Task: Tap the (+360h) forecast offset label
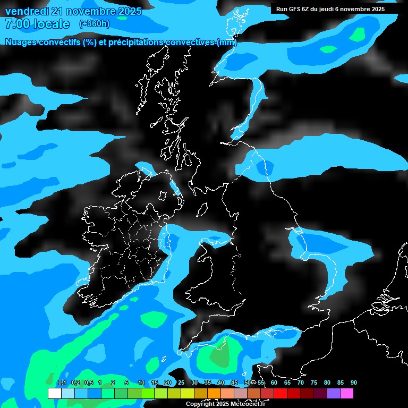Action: [x=94, y=24]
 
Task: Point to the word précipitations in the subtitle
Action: [x=133, y=42]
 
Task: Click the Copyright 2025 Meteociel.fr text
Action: [x=225, y=404]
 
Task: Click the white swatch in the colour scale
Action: [x=54, y=393]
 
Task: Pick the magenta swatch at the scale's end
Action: [x=346, y=393]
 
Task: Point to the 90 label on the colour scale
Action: [x=353, y=383]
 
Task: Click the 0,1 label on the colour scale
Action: [x=62, y=383]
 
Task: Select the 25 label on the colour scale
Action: [x=181, y=383]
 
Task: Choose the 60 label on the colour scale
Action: [x=274, y=383]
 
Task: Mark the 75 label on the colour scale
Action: [x=313, y=383]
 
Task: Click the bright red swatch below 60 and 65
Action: [x=280, y=393]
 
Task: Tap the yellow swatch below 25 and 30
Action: [x=187, y=393]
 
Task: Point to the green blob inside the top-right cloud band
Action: [x=359, y=35]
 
